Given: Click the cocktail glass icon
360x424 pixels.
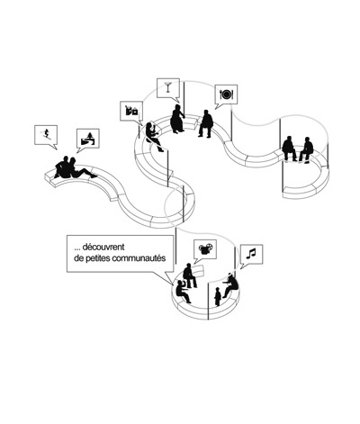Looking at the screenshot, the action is click(x=168, y=86).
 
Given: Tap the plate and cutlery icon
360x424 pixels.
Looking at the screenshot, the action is click(x=227, y=95).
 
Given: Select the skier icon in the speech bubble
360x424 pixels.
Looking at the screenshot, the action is click(x=46, y=134).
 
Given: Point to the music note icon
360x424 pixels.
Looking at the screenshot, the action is click(x=251, y=254).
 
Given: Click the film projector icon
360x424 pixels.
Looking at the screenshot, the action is click(x=205, y=248).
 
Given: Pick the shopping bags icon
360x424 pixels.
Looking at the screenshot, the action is click(x=131, y=111).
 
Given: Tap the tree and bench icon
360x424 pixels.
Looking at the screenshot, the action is click(x=88, y=139).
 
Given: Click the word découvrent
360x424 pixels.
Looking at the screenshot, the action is click(x=103, y=247).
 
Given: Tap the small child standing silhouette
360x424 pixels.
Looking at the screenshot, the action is click(x=218, y=296).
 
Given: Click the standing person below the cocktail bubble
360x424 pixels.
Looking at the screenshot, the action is click(x=177, y=119).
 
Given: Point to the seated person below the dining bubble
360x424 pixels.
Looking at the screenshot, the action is click(x=205, y=123).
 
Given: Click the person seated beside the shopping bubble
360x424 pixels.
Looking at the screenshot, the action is click(x=154, y=137).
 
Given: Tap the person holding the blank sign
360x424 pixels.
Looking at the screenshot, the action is click(x=190, y=275).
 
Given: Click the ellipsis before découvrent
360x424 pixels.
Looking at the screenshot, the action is click(x=77, y=248).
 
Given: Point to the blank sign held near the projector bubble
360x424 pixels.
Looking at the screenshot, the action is click(x=198, y=270).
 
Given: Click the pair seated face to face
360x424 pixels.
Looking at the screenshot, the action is click(x=298, y=149).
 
